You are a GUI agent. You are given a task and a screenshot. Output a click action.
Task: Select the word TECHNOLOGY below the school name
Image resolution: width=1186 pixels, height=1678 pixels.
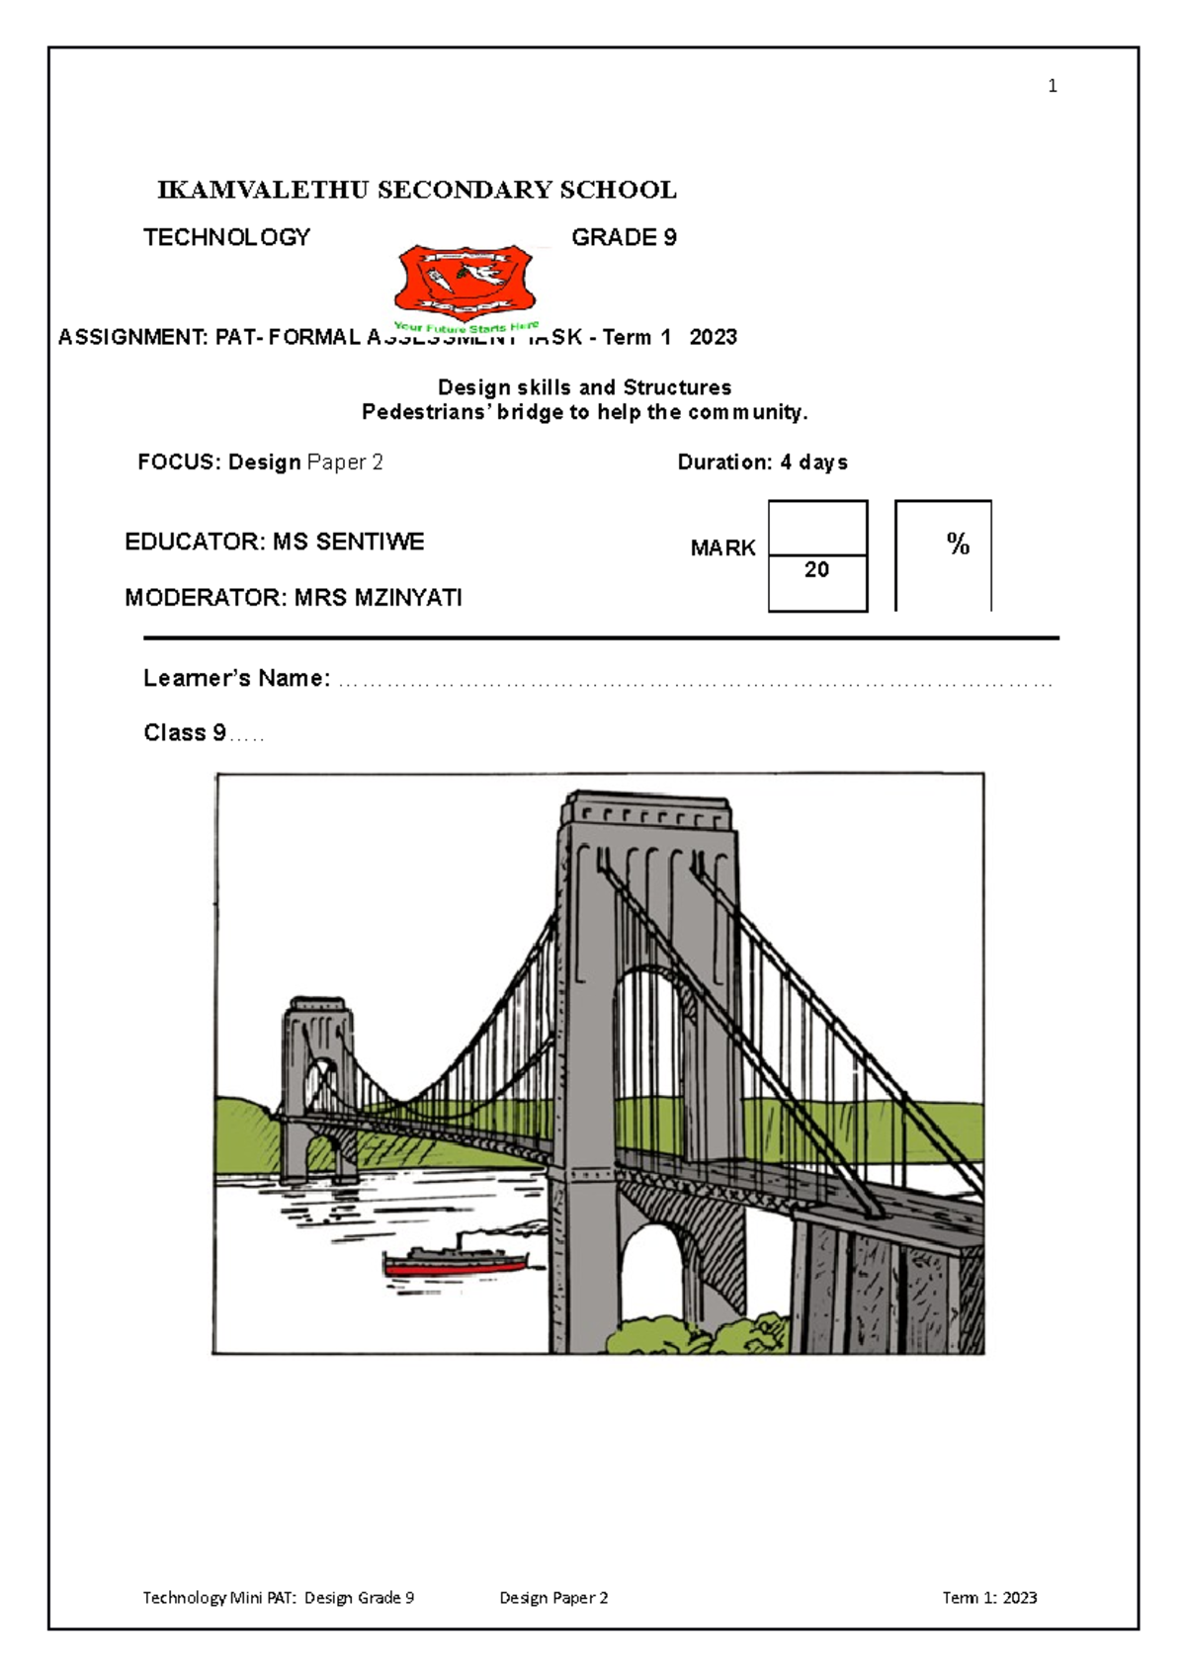226,237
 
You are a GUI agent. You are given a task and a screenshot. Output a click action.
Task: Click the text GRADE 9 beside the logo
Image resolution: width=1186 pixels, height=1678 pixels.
624,237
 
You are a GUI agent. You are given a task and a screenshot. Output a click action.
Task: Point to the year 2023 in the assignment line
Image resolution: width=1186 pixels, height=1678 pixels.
713,337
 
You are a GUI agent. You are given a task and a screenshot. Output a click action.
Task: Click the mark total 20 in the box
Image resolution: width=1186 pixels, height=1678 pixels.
816,569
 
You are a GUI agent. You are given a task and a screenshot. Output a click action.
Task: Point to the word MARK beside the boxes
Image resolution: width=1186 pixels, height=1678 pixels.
722,548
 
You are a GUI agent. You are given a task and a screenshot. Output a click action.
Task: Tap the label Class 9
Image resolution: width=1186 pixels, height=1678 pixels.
185,732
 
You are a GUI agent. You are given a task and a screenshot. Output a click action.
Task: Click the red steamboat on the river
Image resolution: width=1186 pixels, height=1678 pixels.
456,1262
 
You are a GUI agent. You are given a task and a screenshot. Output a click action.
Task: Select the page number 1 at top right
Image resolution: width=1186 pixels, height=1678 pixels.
1053,86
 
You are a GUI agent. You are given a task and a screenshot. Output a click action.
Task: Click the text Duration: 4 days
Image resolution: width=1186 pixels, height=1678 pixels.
762,462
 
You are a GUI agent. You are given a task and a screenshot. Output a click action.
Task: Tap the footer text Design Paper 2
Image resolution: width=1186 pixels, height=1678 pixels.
553,1597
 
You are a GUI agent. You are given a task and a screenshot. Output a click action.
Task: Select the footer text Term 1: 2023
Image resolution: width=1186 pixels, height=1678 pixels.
989,1597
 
